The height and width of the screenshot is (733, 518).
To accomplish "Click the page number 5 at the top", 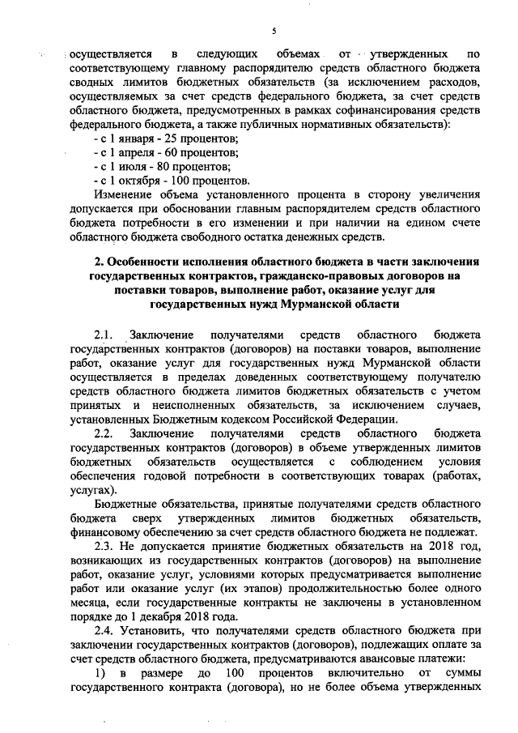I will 274,32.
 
